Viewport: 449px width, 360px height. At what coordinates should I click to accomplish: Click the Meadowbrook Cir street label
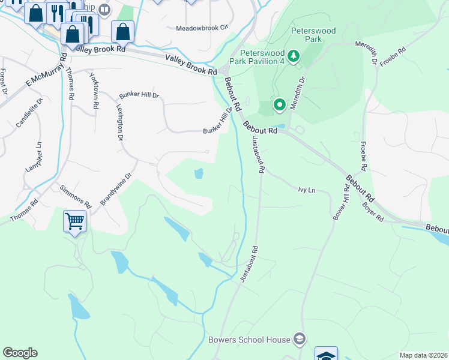coord(203,28)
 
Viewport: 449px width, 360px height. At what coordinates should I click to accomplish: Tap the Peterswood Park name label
coord(315,35)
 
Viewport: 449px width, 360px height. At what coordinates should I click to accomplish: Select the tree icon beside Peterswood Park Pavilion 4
coord(294,57)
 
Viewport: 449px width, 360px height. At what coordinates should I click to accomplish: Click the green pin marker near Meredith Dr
coord(279,105)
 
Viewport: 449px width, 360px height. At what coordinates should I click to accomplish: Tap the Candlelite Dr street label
coord(30,113)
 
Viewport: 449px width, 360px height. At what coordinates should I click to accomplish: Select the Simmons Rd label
coord(75,197)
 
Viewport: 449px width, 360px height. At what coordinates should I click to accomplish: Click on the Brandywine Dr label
coord(116,190)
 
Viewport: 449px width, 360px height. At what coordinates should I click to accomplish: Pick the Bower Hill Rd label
coord(342,203)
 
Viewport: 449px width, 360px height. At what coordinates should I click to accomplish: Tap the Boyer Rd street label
coord(372,211)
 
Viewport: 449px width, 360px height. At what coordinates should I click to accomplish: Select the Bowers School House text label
coord(249,340)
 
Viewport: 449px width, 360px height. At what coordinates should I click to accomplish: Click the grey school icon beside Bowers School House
coord(299,340)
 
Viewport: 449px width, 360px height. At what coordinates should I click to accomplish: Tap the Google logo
coord(20,353)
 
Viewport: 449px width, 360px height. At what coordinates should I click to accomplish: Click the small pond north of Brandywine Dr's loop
coord(198,174)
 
